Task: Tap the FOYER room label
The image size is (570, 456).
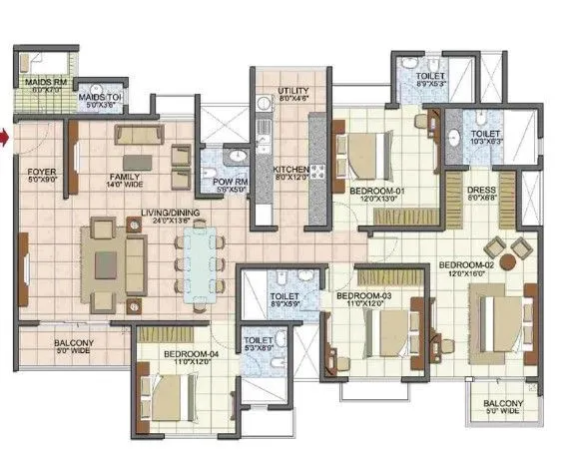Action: [41, 171]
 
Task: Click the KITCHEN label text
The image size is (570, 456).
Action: [290, 170]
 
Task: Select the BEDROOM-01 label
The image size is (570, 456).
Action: [375, 191]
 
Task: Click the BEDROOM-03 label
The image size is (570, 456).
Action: [362, 297]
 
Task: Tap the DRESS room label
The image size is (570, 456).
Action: [480, 190]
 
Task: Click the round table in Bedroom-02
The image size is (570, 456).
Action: [508, 262]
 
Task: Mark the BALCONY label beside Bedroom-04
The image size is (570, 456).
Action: [74, 343]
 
